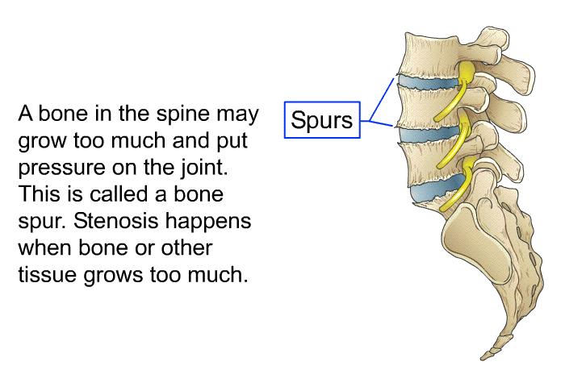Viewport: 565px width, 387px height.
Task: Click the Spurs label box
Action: (322, 120)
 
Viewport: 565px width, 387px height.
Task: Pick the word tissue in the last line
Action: (45, 274)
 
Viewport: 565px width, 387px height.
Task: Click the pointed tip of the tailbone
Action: (485, 356)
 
